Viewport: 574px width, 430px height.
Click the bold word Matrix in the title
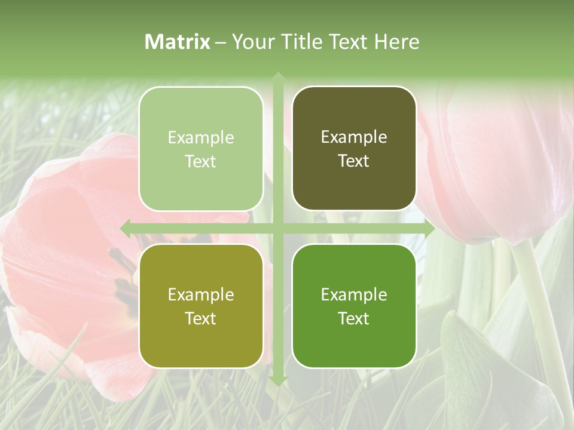pos(178,42)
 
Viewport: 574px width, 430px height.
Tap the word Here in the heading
pos(396,42)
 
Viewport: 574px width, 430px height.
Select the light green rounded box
pos(201,149)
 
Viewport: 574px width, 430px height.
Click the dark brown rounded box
pos(354,149)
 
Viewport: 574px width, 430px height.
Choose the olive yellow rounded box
pos(201,306)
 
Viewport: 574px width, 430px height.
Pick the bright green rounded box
pos(354,306)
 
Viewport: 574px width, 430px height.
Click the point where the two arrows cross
pos(277,228)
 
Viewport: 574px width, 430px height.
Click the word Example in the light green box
pos(201,138)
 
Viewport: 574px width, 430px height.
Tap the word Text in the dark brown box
pos(354,161)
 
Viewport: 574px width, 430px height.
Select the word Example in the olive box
pos(201,295)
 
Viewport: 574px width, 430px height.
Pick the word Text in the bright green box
pos(354,318)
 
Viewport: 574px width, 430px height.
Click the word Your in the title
pos(250,42)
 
